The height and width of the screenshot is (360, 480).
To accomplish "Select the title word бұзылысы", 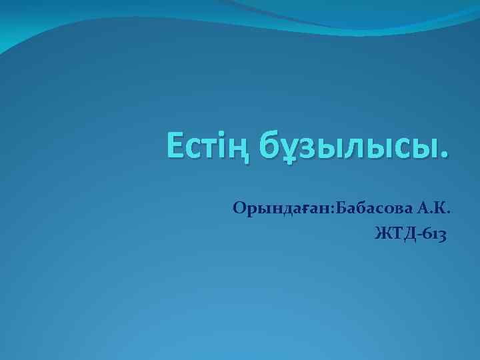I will [339, 147].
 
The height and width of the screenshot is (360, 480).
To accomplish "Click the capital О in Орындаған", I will [239, 209].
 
